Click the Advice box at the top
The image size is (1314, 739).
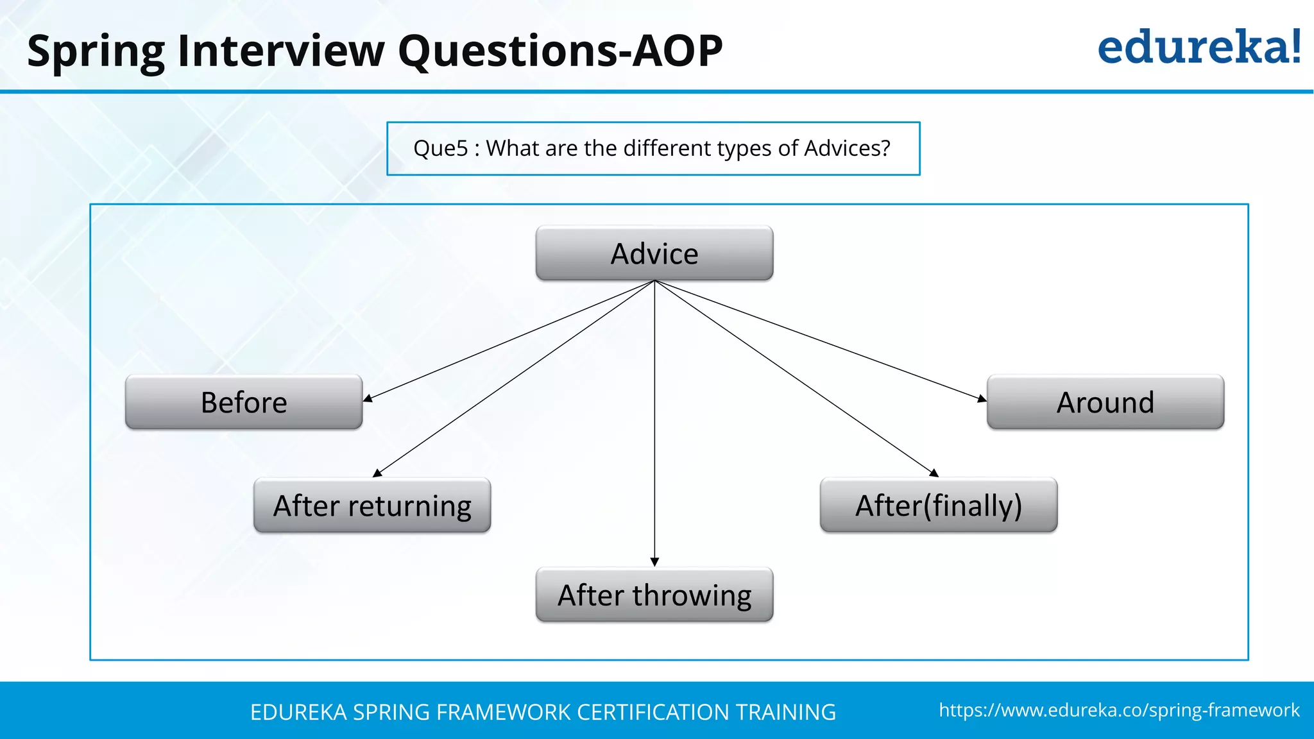(x=654, y=253)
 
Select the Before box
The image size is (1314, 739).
(x=244, y=402)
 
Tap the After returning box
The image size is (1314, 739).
(x=372, y=505)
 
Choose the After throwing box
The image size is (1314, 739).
(x=654, y=595)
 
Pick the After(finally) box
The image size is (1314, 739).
(x=938, y=505)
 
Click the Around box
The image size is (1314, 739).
(x=1105, y=402)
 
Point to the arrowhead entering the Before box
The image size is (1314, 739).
(x=368, y=398)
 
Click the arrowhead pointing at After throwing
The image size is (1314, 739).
(x=654, y=562)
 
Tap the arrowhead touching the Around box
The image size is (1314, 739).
(x=982, y=399)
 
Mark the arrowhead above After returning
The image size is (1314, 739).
(x=377, y=473)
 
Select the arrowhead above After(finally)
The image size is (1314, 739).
(x=934, y=473)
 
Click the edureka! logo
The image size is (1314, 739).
(x=1199, y=47)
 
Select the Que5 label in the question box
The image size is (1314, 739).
(x=441, y=148)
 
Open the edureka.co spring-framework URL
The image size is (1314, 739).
(x=1119, y=710)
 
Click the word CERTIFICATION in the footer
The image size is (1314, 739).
(x=653, y=712)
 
